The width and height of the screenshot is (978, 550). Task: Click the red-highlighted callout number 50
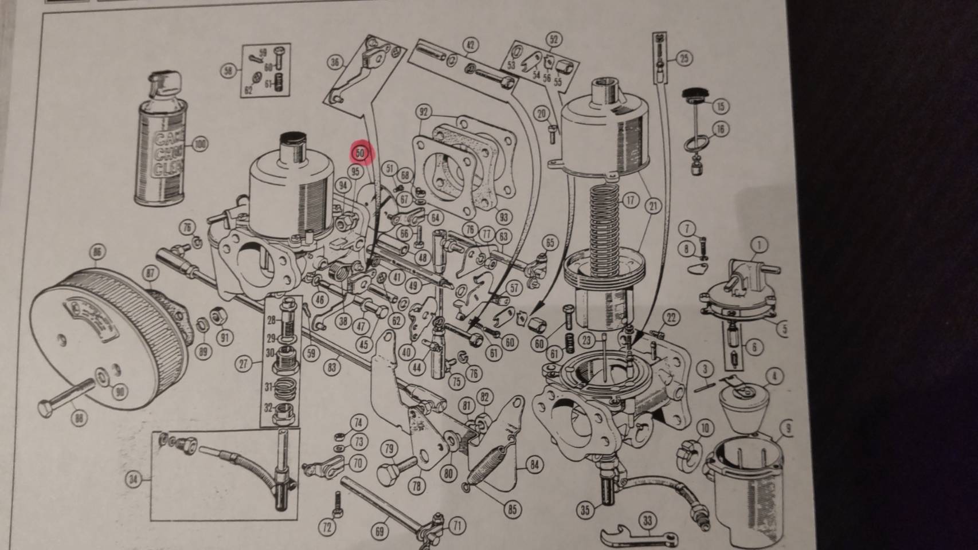[x=361, y=153]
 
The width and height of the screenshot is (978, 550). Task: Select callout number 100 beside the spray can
[x=199, y=143]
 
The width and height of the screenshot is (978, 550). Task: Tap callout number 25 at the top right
[x=684, y=58]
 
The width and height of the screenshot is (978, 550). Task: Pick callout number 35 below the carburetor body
[x=585, y=509]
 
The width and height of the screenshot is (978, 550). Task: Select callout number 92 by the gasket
[x=425, y=111]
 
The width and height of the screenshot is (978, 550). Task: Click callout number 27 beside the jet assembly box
[x=245, y=363]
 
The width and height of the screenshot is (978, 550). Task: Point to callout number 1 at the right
[x=759, y=245]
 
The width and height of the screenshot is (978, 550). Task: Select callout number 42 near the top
[x=470, y=45]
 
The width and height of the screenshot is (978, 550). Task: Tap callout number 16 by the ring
[x=720, y=129]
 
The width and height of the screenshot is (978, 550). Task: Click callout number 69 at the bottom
[x=380, y=531]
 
